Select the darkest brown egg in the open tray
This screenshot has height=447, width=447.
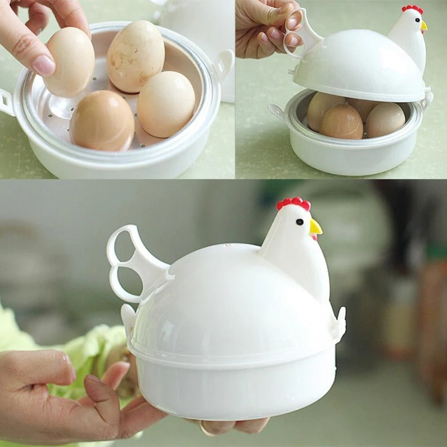(102, 120)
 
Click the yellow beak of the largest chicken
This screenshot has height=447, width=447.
(316, 227)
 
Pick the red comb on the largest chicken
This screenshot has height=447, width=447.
(294, 203)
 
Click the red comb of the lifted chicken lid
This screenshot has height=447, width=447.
(412, 9)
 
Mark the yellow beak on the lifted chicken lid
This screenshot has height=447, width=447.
(424, 26)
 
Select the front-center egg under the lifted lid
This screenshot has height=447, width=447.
(342, 122)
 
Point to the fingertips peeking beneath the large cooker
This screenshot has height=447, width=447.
(235, 426)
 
